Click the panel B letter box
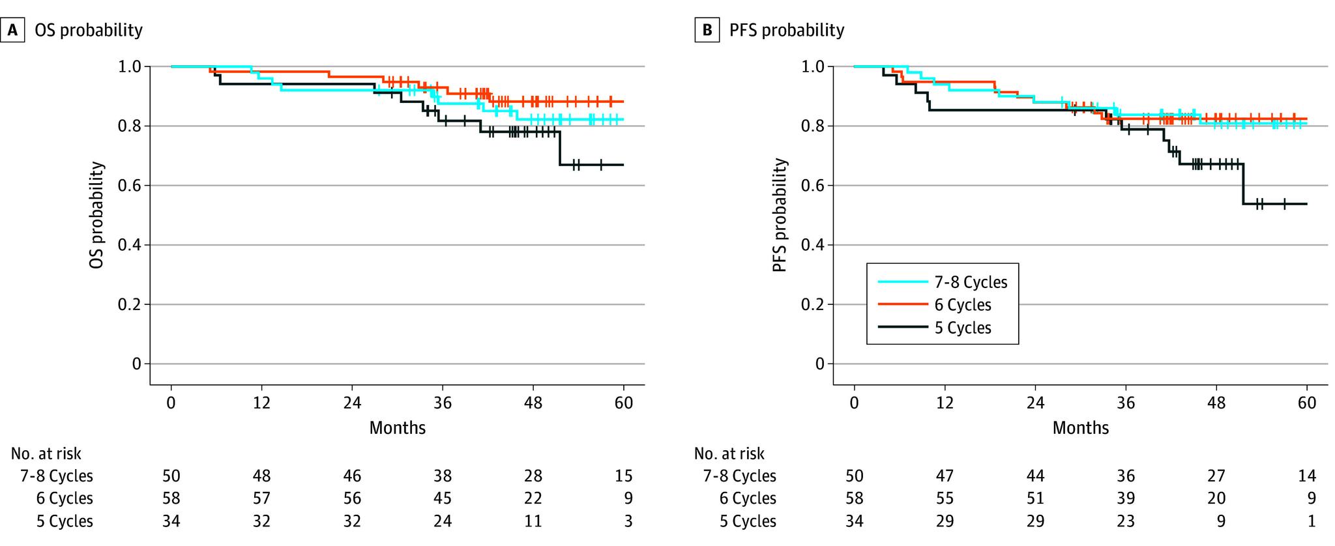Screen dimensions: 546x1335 (x=705, y=30)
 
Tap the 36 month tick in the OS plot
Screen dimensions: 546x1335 (x=443, y=403)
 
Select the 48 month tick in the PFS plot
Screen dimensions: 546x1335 (x=1216, y=403)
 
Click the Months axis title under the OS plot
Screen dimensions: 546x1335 (x=397, y=427)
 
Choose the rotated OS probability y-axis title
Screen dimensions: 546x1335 (x=96, y=215)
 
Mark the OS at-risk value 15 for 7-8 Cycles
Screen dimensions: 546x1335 (x=624, y=476)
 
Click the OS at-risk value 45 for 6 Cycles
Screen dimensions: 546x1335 (x=443, y=498)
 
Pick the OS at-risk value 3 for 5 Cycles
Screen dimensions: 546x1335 (x=628, y=521)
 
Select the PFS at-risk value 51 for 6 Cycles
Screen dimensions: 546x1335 (x=1035, y=498)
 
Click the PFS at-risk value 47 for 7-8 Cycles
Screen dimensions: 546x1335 (x=945, y=476)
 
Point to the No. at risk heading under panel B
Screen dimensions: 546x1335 (x=729, y=453)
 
